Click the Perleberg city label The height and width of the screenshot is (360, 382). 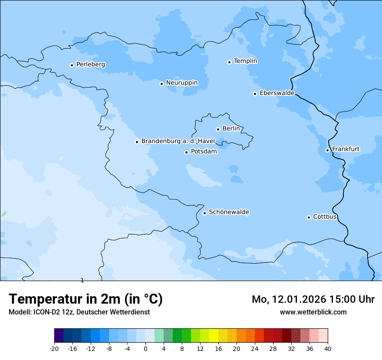(x=90, y=65)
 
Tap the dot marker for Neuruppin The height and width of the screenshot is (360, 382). (x=161, y=84)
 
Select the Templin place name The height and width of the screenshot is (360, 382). (x=245, y=61)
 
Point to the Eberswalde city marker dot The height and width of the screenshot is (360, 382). (x=255, y=94)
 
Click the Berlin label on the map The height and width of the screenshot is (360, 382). (x=231, y=129)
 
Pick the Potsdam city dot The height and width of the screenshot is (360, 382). (x=186, y=152)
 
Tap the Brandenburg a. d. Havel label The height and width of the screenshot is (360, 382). (x=178, y=141)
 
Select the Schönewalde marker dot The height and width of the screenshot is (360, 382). (x=204, y=213)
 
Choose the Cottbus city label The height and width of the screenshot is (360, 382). (x=325, y=216)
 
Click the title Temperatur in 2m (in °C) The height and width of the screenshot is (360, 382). (x=86, y=299)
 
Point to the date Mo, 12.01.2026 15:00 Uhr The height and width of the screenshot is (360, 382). (x=313, y=299)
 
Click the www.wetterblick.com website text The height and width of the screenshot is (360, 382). (x=313, y=312)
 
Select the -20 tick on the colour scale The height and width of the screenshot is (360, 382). (x=54, y=348)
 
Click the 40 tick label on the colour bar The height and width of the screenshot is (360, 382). (x=328, y=348)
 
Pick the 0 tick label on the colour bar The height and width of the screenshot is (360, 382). (x=145, y=348)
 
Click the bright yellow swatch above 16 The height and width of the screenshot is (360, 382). (x=214, y=336)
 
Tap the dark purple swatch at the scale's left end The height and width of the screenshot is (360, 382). (x=59, y=336)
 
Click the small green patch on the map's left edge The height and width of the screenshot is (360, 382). (x=3, y=214)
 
